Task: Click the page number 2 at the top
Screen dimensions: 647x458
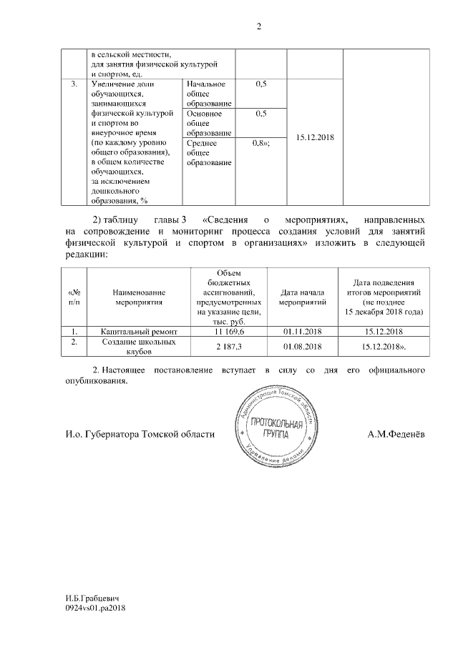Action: (x=259, y=28)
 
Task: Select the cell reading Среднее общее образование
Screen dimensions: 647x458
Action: (x=208, y=153)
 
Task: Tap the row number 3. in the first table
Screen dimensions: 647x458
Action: (x=74, y=84)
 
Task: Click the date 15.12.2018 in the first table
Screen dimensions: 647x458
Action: (x=315, y=138)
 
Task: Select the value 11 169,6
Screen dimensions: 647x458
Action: (x=229, y=332)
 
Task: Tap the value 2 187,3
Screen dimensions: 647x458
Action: (x=229, y=346)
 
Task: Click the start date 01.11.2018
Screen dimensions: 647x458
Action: (x=302, y=332)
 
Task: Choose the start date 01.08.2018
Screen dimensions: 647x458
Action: (x=302, y=346)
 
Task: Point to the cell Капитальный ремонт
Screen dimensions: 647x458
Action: (x=139, y=332)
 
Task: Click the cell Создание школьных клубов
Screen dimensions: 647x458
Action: (x=139, y=347)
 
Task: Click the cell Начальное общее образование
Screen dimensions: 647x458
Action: (x=208, y=94)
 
